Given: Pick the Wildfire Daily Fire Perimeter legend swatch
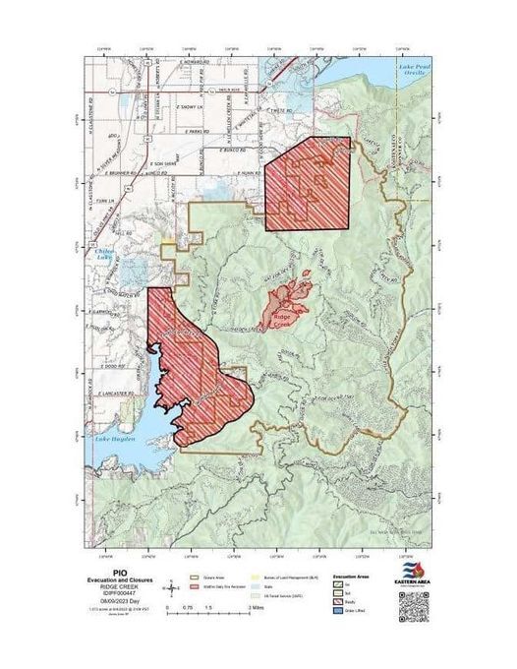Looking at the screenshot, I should point(207,585).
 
